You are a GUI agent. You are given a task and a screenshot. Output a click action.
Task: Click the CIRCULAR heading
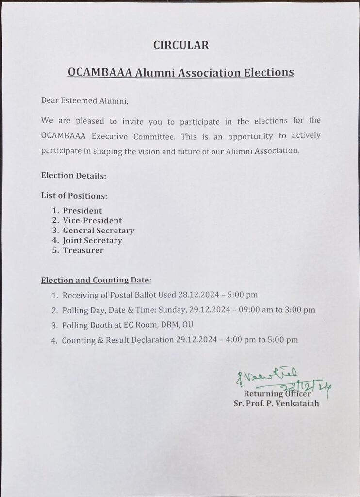click(181, 46)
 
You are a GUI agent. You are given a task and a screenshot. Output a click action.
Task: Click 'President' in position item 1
click(82, 211)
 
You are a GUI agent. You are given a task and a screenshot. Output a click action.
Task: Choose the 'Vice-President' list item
click(92, 221)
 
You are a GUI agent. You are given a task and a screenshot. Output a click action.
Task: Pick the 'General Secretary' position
click(98, 231)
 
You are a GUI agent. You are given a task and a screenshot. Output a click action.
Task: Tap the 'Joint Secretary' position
click(92, 240)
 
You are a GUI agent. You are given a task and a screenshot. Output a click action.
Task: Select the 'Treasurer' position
click(83, 250)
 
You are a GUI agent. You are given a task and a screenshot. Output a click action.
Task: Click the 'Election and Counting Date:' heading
click(96, 280)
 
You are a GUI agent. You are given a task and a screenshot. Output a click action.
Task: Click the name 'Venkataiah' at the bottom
click(298, 403)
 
